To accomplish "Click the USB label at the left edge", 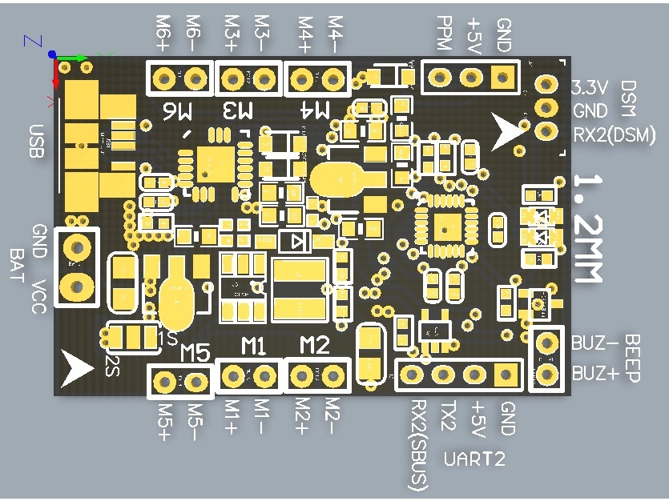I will (x=35, y=141).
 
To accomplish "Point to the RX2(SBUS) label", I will (x=418, y=445).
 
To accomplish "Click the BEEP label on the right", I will (x=632, y=359).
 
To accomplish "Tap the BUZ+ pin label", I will (x=594, y=373).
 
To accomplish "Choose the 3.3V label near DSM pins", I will (x=589, y=87).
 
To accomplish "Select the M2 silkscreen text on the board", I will (x=314, y=346).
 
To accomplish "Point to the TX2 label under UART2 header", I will (x=449, y=417).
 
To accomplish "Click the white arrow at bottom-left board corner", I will (x=79, y=367).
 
